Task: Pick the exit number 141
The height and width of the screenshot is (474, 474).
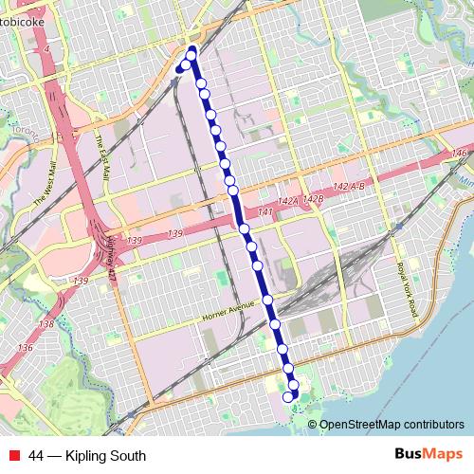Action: point(265,211)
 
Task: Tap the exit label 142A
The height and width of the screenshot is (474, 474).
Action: point(288,202)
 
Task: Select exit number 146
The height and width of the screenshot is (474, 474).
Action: point(461,154)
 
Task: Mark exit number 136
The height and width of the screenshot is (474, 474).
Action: point(26,348)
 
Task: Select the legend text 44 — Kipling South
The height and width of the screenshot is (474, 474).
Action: point(87,456)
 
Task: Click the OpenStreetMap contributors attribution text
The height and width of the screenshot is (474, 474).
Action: point(392,425)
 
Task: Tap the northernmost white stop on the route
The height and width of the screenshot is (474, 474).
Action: point(191,55)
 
